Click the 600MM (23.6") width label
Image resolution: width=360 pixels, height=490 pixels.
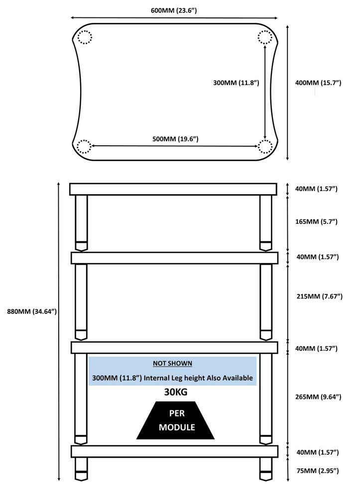pyautogui.click(x=174, y=10)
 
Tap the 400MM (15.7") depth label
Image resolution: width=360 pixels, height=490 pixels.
pyautogui.click(x=318, y=83)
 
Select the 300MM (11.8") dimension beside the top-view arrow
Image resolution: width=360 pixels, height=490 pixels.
pyautogui.click(x=236, y=83)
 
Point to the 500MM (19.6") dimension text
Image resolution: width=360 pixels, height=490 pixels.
pyautogui.click(x=175, y=139)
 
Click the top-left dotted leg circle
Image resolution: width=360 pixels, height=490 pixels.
pyautogui.click(x=85, y=37)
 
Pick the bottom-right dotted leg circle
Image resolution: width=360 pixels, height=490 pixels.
pyautogui.click(x=265, y=146)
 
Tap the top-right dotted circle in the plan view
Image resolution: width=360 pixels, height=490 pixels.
pyautogui.click(x=265, y=37)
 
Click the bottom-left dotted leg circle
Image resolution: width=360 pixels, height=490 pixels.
pyautogui.click(x=84, y=146)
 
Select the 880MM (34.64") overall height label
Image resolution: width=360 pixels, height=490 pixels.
pyautogui.click(x=32, y=311)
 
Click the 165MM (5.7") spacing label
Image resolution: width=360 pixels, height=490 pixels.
pyautogui.click(x=317, y=221)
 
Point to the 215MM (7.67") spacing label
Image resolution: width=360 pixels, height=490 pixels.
pyautogui.click(x=319, y=296)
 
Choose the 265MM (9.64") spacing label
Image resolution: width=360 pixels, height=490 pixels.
pyautogui.click(x=318, y=397)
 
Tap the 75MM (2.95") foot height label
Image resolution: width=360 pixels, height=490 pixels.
pyautogui.click(x=318, y=471)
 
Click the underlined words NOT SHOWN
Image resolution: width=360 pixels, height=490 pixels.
pyautogui.click(x=172, y=364)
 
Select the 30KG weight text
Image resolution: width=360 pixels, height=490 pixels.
pyautogui.click(x=176, y=392)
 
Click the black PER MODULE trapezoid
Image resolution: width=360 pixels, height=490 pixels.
pyautogui.click(x=175, y=420)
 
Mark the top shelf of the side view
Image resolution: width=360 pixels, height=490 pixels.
pyautogui.click(x=173, y=189)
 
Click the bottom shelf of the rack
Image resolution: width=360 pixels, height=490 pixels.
pyautogui.click(x=175, y=452)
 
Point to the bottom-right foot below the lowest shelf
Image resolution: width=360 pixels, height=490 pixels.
pyautogui.click(x=266, y=469)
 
